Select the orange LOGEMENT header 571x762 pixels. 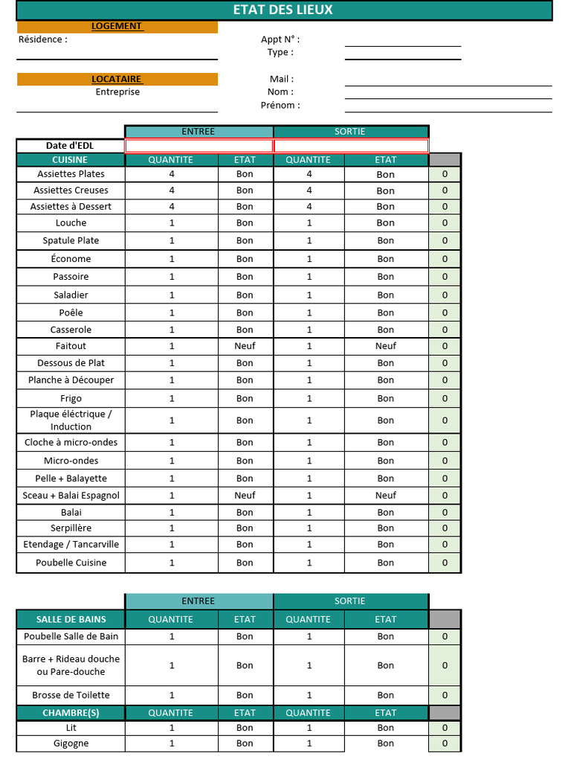(117, 26)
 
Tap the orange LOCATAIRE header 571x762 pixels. (117, 79)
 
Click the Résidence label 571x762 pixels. (42, 39)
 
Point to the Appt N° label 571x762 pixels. (280, 39)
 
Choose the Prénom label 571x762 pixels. (280, 105)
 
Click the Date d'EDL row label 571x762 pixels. (70, 145)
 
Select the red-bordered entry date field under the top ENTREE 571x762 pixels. (199, 145)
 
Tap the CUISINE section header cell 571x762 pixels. (70, 160)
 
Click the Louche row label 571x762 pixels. (71, 222)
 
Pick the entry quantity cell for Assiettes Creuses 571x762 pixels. (172, 190)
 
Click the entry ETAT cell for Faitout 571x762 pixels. (245, 346)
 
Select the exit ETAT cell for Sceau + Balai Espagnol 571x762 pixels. (385, 496)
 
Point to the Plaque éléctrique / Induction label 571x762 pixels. (71, 420)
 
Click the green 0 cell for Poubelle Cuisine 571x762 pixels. (445, 563)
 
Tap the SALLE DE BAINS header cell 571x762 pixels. (71, 619)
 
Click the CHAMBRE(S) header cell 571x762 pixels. (71, 713)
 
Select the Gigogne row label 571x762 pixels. (71, 743)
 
